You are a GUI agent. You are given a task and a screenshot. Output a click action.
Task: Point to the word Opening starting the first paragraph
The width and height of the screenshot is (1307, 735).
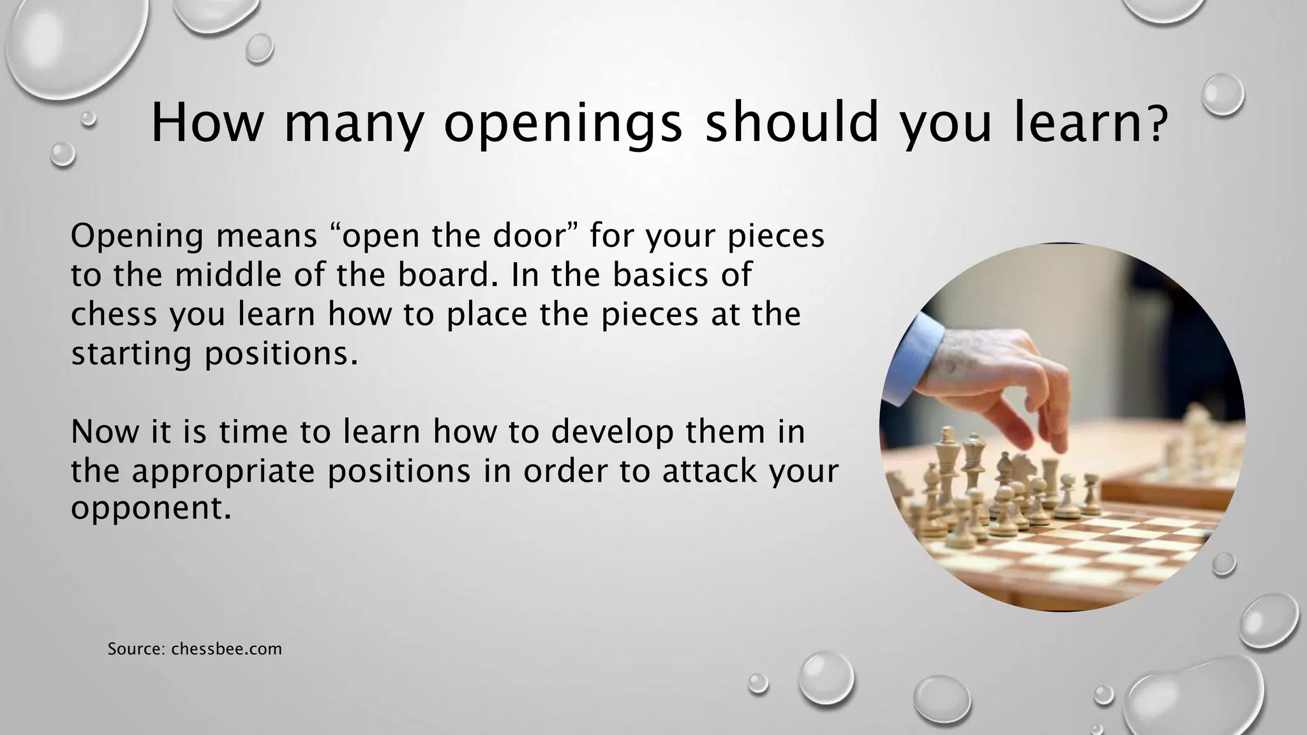138,236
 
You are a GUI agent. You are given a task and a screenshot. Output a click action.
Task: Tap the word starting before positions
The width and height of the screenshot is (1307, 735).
131,354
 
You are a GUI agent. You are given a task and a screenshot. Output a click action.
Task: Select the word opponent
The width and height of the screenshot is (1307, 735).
150,509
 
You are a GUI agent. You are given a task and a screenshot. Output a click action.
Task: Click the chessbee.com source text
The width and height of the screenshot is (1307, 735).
227,649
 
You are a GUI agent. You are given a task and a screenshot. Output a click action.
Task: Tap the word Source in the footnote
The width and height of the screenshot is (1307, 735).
135,649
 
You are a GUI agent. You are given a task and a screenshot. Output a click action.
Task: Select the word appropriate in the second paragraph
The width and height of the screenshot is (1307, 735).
223,472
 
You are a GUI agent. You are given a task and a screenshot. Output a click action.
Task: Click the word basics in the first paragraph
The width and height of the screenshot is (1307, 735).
659,275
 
